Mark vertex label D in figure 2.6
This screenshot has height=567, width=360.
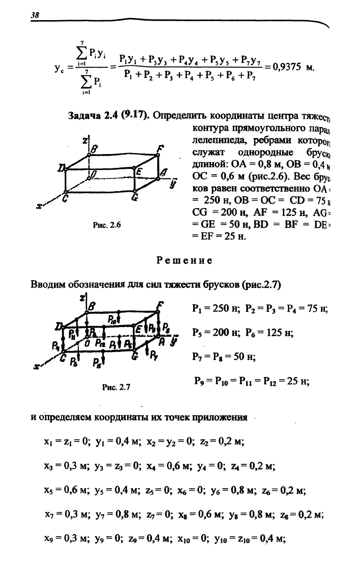tap(61, 167)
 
